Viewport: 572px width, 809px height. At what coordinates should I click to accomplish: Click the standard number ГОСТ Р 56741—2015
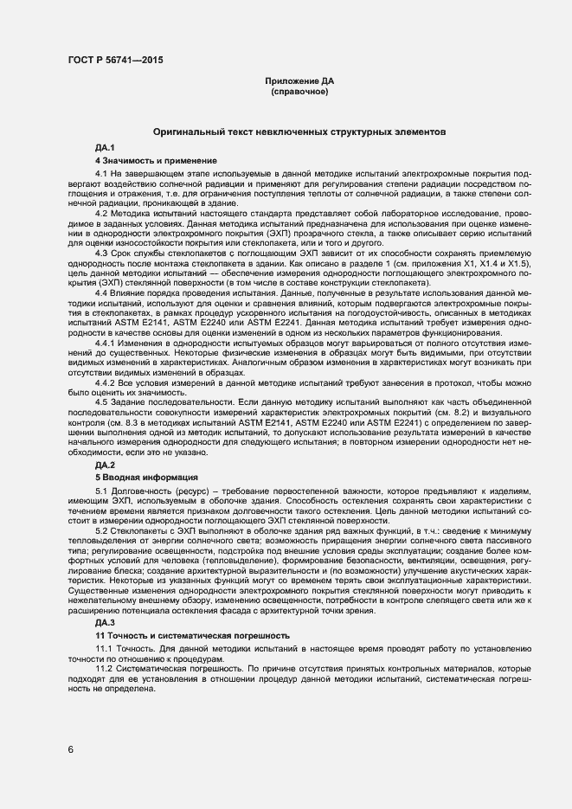pyautogui.click(x=114, y=60)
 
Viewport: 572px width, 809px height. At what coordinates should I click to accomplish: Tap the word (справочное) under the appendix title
pyautogui.click(x=299, y=91)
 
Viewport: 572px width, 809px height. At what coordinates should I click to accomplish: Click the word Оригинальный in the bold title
pyautogui.click(x=185, y=133)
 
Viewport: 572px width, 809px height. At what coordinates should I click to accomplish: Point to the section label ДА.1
pyautogui.click(x=106, y=150)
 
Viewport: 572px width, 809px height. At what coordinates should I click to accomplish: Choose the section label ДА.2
pyautogui.click(x=106, y=465)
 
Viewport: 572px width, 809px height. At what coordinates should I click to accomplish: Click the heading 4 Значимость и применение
pyautogui.click(x=157, y=161)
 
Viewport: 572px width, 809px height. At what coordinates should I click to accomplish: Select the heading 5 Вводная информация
pyautogui.click(x=147, y=477)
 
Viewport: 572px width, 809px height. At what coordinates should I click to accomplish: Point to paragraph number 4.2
pyautogui.click(x=102, y=213)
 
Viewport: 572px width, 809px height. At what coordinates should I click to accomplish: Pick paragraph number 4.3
pyautogui.click(x=102, y=251)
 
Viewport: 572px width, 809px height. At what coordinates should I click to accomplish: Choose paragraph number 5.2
pyautogui.click(x=102, y=528)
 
